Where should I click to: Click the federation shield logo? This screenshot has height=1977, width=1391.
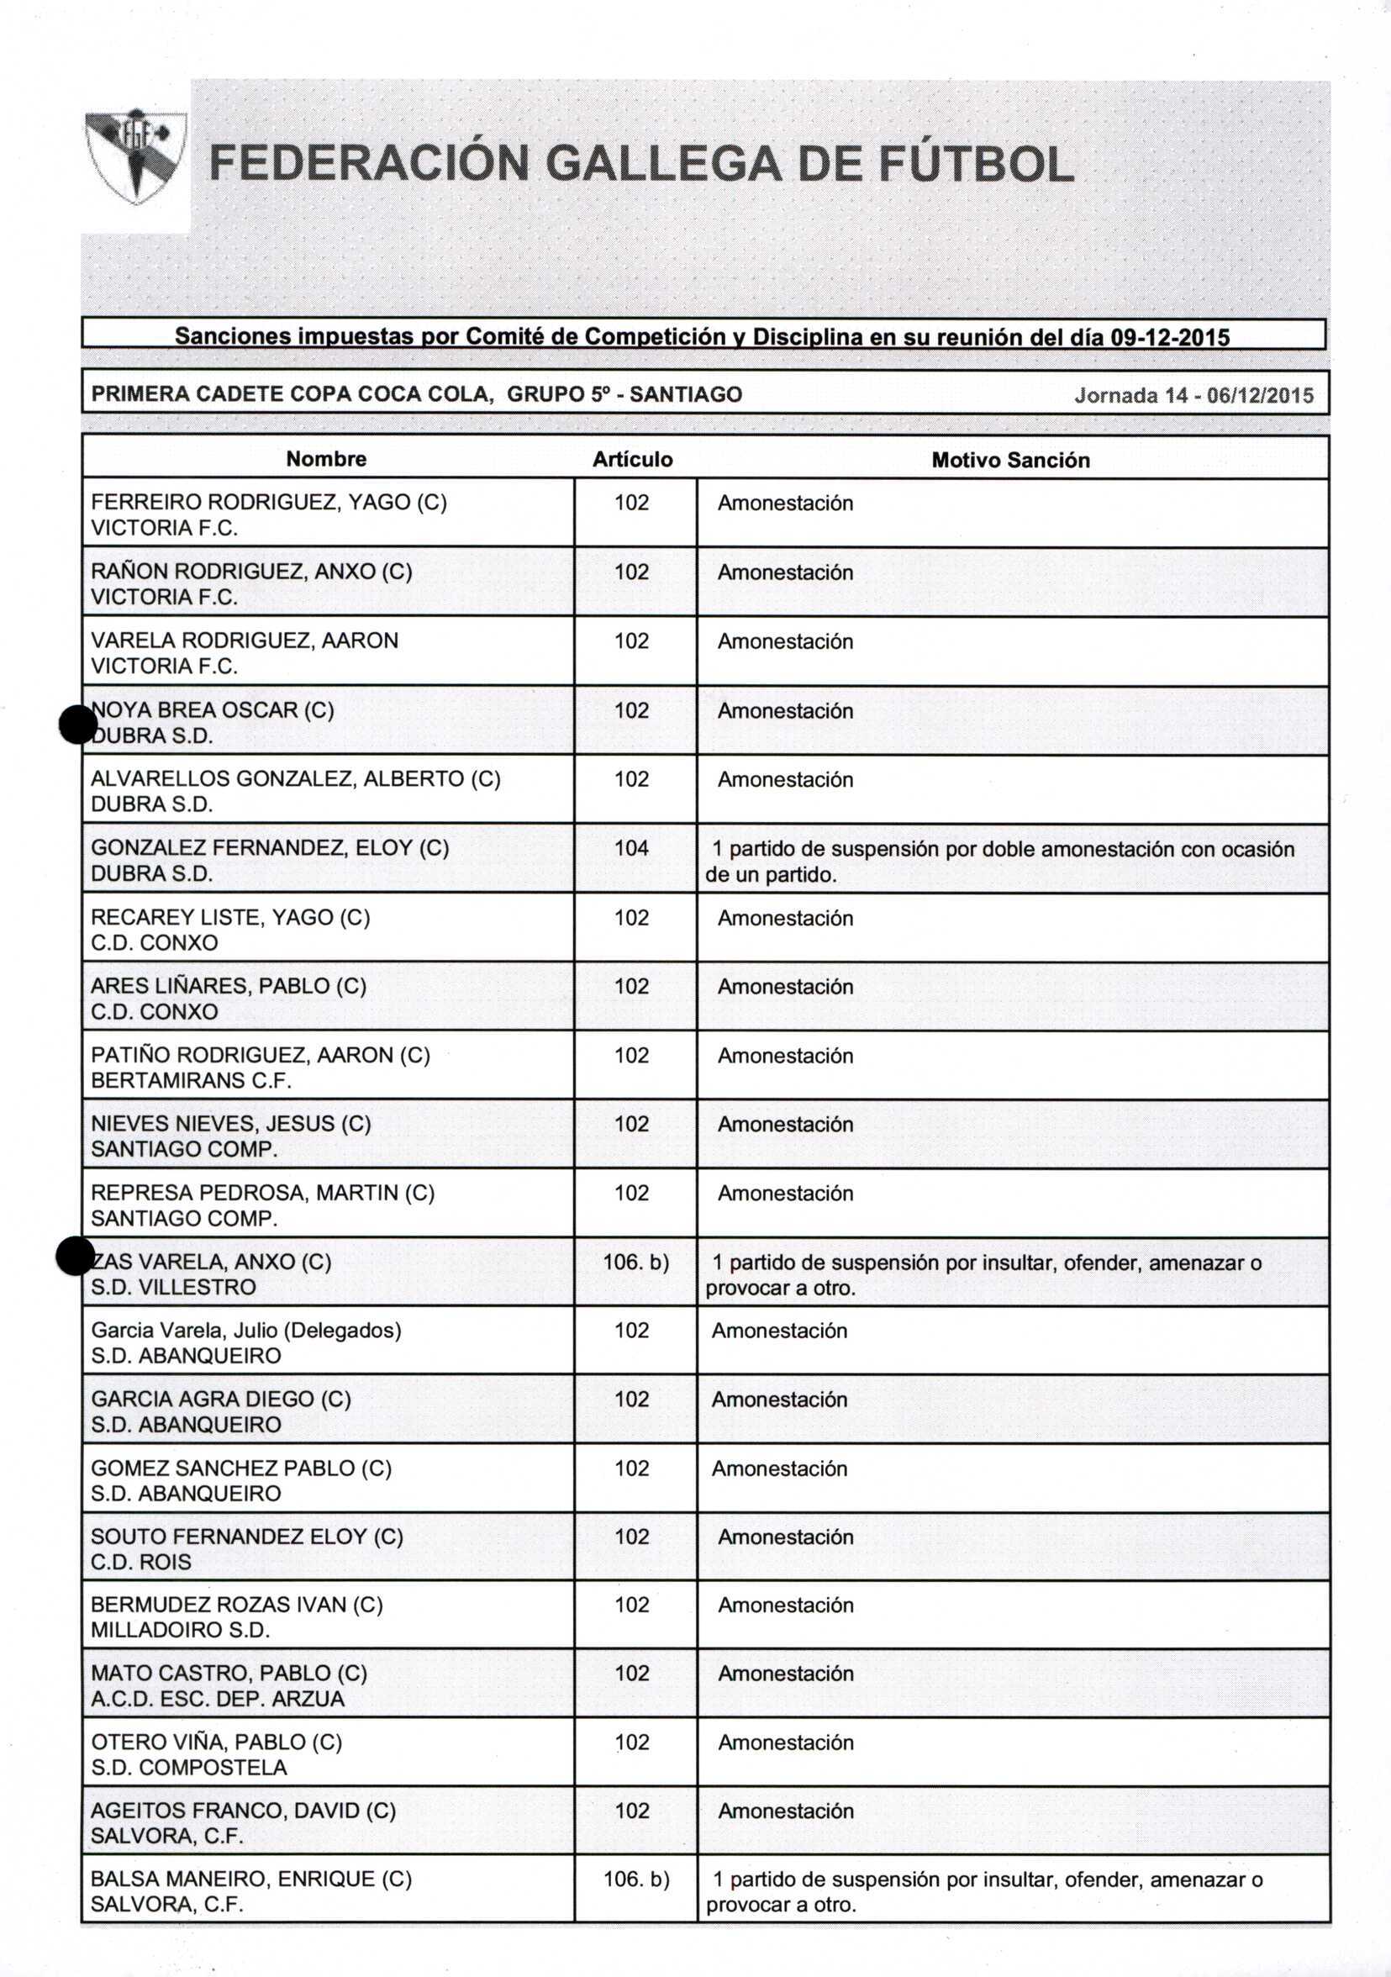pyautogui.click(x=135, y=155)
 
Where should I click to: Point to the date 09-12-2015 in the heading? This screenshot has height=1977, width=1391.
pyautogui.click(x=1170, y=337)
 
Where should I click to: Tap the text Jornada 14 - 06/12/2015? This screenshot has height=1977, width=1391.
pyautogui.click(x=1193, y=395)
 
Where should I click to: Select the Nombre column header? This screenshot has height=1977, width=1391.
pyautogui.click(x=326, y=459)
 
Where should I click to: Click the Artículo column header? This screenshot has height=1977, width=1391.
pyautogui.click(x=633, y=460)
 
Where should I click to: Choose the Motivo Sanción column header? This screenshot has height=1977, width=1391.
pyautogui.click(x=1010, y=460)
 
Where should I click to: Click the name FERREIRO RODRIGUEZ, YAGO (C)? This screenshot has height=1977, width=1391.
pyautogui.click(x=269, y=502)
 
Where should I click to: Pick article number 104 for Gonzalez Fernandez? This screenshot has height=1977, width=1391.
pyautogui.click(x=631, y=848)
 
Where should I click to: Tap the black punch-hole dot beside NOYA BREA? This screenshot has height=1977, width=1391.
pyautogui.click(x=77, y=725)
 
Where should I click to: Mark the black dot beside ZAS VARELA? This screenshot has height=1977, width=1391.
pyautogui.click(x=75, y=1256)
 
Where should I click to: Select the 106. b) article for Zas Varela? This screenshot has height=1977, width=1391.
pyautogui.click(x=635, y=1263)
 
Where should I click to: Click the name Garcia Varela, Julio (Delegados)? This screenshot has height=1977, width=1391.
pyautogui.click(x=246, y=1331)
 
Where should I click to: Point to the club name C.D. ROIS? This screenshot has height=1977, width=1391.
pyautogui.click(x=141, y=1562)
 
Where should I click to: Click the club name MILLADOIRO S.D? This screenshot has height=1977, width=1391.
pyautogui.click(x=181, y=1630)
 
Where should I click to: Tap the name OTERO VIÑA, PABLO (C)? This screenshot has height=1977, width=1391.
pyautogui.click(x=216, y=1742)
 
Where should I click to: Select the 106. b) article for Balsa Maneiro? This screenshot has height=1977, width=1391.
pyautogui.click(x=636, y=1879)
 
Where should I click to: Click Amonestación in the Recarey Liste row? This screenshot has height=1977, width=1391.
pyautogui.click(x=785, y=918)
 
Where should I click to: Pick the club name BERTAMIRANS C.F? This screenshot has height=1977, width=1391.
pyautogui.click(x=191, y=1081)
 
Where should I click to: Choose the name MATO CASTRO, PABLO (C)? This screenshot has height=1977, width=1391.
pyautogui.click(x=229, y=1673)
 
